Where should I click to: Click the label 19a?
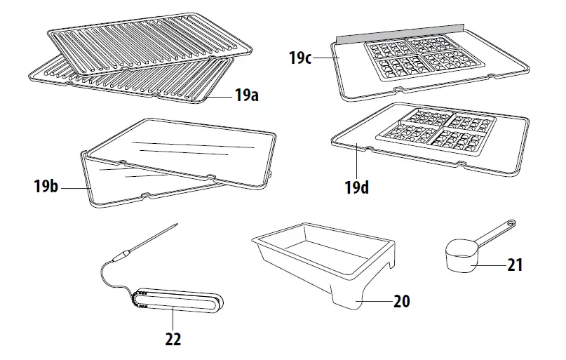(246, 96)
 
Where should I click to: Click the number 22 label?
(173, 339)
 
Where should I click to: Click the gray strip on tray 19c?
(400, 32)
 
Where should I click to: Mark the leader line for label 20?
(375, 301)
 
